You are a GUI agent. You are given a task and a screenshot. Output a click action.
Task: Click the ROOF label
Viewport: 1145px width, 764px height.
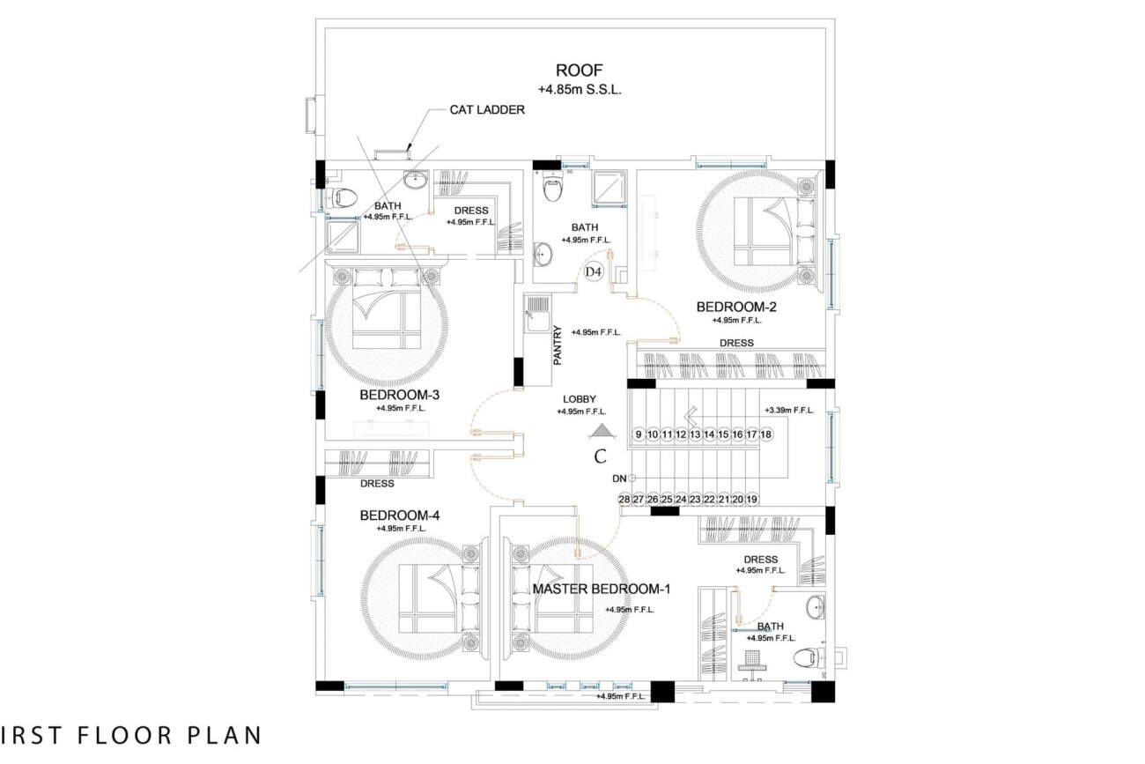coord(580,70)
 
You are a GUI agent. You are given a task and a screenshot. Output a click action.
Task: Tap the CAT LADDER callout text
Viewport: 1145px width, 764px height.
coord(487,110)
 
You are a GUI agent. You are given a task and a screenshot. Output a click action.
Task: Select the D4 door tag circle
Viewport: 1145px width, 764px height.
coord(593,271)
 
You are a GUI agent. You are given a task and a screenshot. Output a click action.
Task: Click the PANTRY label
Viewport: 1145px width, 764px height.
coord(558,345)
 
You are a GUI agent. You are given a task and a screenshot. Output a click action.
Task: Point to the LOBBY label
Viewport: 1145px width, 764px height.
coord(580,399)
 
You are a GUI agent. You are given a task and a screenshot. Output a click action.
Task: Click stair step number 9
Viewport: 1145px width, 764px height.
coord(639,434)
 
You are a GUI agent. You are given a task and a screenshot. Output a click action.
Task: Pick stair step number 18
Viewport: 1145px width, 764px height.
coord(765,434)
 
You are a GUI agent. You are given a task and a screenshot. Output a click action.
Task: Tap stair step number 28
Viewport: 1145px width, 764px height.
coord(624,499)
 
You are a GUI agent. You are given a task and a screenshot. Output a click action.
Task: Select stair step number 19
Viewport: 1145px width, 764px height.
coord(752,499)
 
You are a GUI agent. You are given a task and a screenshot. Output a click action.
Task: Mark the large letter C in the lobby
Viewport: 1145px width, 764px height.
coord(600,456)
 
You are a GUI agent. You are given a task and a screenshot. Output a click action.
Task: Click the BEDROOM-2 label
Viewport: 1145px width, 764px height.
coord(736,307)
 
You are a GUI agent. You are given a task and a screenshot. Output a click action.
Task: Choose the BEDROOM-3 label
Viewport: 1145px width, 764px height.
coord(400,395)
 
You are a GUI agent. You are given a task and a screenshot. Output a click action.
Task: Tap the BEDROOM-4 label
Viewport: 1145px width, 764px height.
coord(400,515)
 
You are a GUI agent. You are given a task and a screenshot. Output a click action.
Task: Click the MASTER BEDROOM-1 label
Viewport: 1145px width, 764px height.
coord(602,590)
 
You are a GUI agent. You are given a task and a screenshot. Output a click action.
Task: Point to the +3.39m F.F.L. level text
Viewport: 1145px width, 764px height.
coord(789,410)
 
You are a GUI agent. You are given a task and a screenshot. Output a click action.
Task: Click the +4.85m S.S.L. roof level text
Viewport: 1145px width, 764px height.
coord(580,90)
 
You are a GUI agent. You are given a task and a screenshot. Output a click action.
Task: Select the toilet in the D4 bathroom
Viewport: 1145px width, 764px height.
coord(552,186)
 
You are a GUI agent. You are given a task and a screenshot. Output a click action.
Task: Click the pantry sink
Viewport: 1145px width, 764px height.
coord(537,314)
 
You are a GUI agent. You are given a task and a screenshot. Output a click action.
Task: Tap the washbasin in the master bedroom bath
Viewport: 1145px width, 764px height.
coord(816,607)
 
